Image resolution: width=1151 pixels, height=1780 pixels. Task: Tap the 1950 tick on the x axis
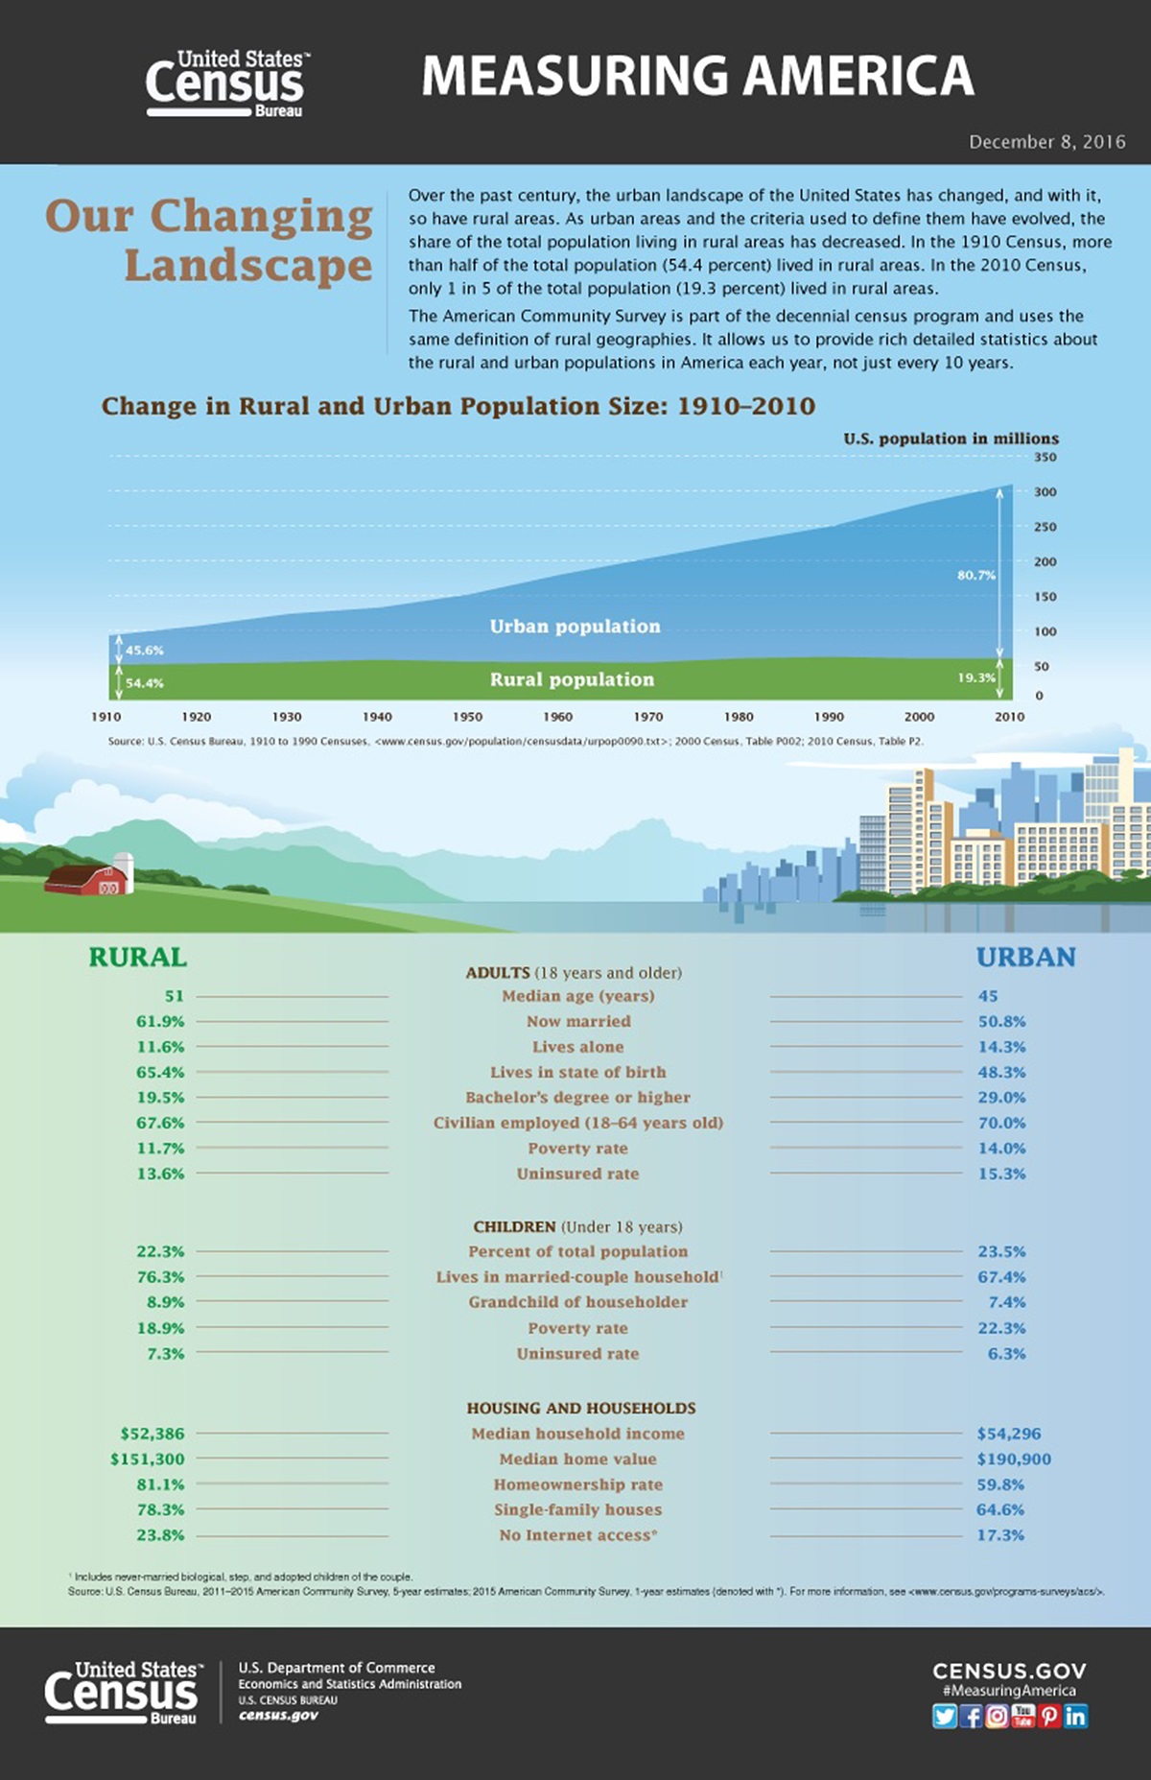point(468,717)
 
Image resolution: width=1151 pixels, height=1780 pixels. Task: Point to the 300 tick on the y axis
point(1045,492)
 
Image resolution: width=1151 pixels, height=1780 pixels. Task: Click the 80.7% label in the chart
point(976,575)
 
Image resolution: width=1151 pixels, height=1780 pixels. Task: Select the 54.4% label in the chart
point(145,683)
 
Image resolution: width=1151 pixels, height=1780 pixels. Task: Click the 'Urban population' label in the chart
point(575,627)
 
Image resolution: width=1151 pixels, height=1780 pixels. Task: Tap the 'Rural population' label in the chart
point(572,679)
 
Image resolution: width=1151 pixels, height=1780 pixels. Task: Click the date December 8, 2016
point(1046,142)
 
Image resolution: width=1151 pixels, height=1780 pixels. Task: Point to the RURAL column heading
point(137,958)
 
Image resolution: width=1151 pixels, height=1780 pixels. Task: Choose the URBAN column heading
point(1025,958)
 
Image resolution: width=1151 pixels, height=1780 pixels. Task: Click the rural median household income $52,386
point(153,1434)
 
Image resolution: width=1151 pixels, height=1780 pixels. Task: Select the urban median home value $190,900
point(1014,1459)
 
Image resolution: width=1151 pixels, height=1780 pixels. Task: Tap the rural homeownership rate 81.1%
point(160,1484)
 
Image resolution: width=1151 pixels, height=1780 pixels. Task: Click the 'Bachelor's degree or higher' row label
point(577,1098)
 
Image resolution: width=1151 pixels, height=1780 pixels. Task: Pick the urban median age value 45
point(988,996)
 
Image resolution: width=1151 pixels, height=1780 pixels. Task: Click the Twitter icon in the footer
point(945,1716)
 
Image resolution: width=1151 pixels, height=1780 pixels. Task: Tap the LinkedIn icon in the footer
point(1076,1716)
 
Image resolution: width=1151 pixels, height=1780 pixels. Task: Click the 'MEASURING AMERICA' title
point(697,77)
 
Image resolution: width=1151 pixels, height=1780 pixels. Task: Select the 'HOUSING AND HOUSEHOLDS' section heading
point(581,1408)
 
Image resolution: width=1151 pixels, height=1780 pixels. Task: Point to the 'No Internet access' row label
point(577,1535)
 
